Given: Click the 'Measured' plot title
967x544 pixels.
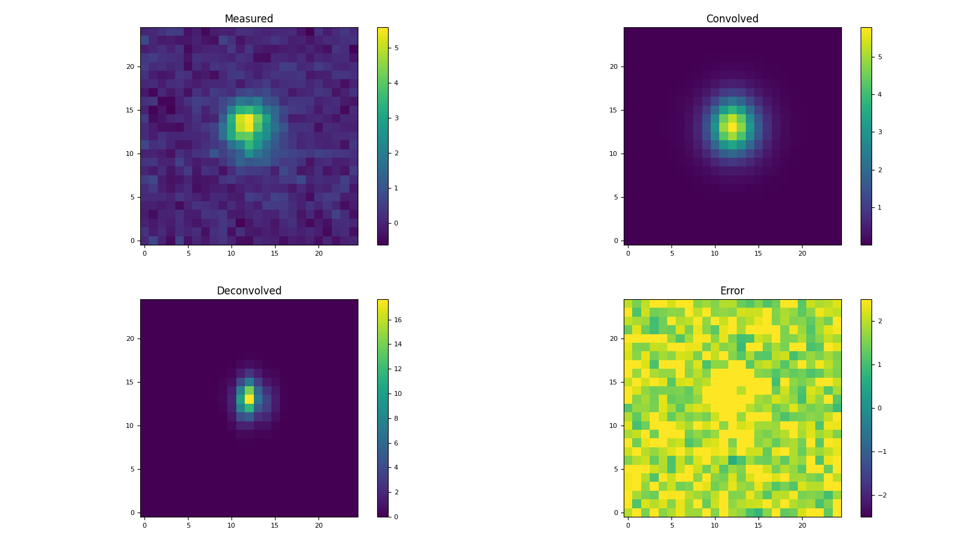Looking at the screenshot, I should tap(248, 19).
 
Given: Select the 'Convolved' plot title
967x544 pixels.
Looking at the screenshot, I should tap(732, 19).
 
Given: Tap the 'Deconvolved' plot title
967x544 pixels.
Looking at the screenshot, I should tap(248, 291).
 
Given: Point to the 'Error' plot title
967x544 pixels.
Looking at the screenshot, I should tap(732, 291).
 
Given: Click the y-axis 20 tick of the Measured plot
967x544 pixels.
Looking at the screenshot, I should tap(130, 66).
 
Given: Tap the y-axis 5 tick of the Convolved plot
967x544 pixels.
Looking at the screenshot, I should tap(616, 197).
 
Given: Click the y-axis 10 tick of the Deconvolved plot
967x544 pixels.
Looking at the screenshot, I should tap(130, 426).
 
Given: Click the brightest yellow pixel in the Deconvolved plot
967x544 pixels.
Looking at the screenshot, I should tap(249, 399).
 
